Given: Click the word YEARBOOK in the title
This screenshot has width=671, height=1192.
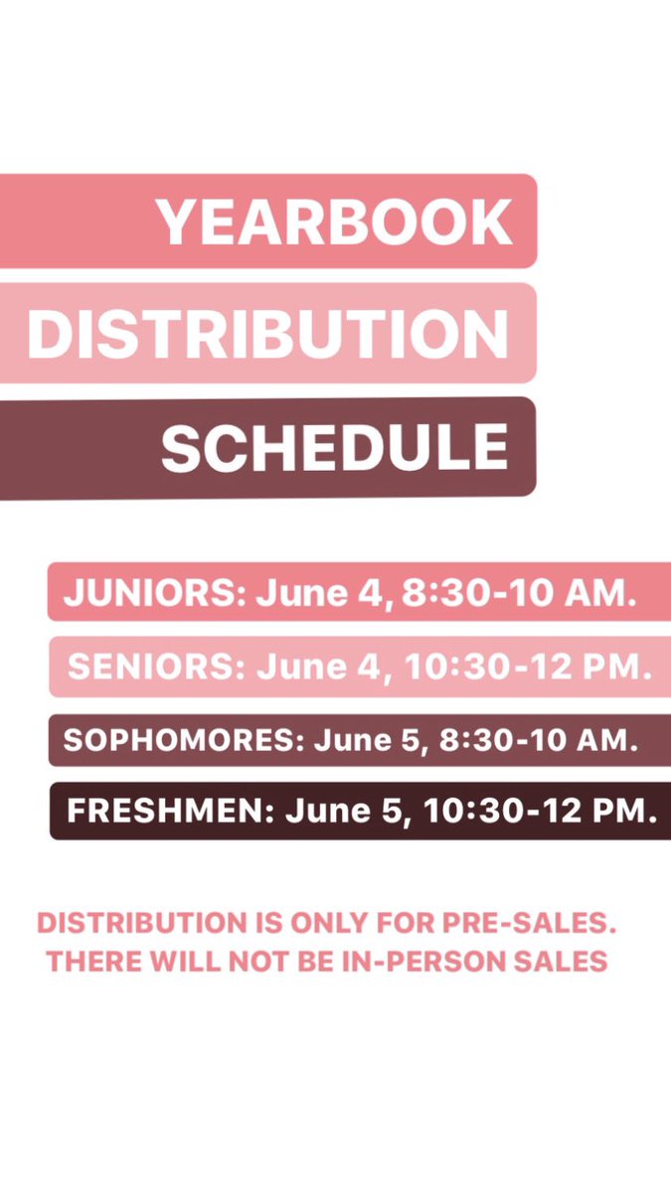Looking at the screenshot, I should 335,223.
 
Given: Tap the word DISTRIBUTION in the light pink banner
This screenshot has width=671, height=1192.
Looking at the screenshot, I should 267,334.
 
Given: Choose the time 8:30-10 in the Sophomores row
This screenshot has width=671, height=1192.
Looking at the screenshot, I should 505,741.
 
